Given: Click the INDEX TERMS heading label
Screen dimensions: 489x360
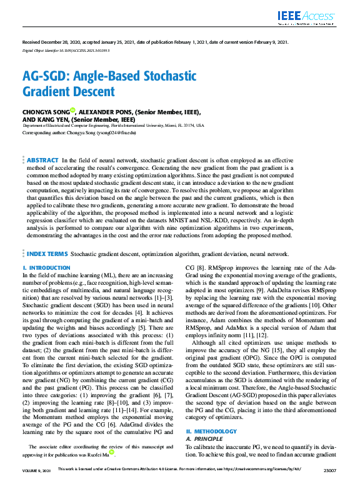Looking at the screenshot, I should [x=47, y=254].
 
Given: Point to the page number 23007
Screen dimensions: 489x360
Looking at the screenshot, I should [x=329, y=485].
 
